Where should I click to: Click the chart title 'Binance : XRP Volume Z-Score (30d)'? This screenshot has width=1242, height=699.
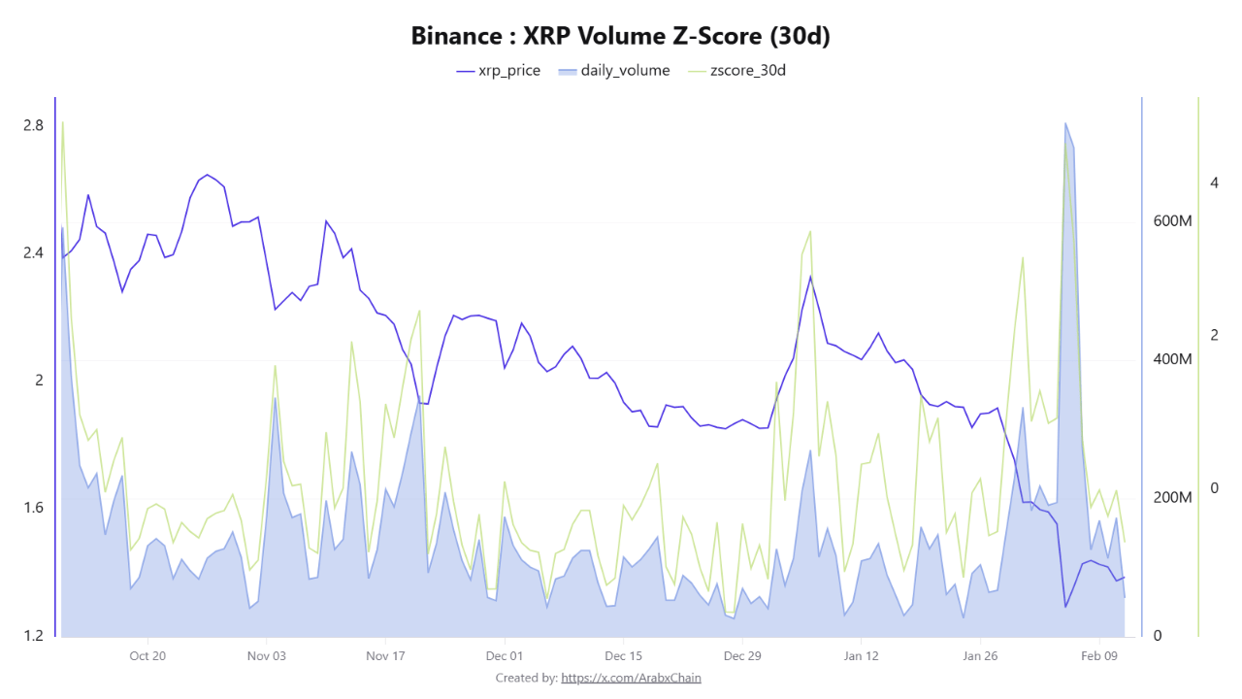pos(621,36)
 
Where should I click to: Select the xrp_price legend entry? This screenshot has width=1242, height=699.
pos(498,71)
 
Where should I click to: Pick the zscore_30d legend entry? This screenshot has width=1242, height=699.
pos(735,71)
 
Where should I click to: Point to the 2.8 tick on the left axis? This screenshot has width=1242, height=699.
pos(33,125)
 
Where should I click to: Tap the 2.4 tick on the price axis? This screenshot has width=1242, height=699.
pos(33,253)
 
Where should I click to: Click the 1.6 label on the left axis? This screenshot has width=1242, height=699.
pos(33,508)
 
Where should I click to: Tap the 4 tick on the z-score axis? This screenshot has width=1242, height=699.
pos(1214,183)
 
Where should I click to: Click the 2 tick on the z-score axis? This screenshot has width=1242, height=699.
pos(1214,335)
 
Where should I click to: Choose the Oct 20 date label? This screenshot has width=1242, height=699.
pos(147,655)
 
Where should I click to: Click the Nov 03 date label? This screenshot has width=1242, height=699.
pos(267,655)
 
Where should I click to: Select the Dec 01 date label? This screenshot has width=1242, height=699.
pos(505,655)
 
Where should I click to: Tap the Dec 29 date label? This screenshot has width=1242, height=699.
pos(742,655)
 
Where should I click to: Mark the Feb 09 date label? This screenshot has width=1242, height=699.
pos(1099,655)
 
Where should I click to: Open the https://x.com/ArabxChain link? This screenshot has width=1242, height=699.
pos(631,678)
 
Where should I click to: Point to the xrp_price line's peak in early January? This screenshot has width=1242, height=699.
pos(810,277)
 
